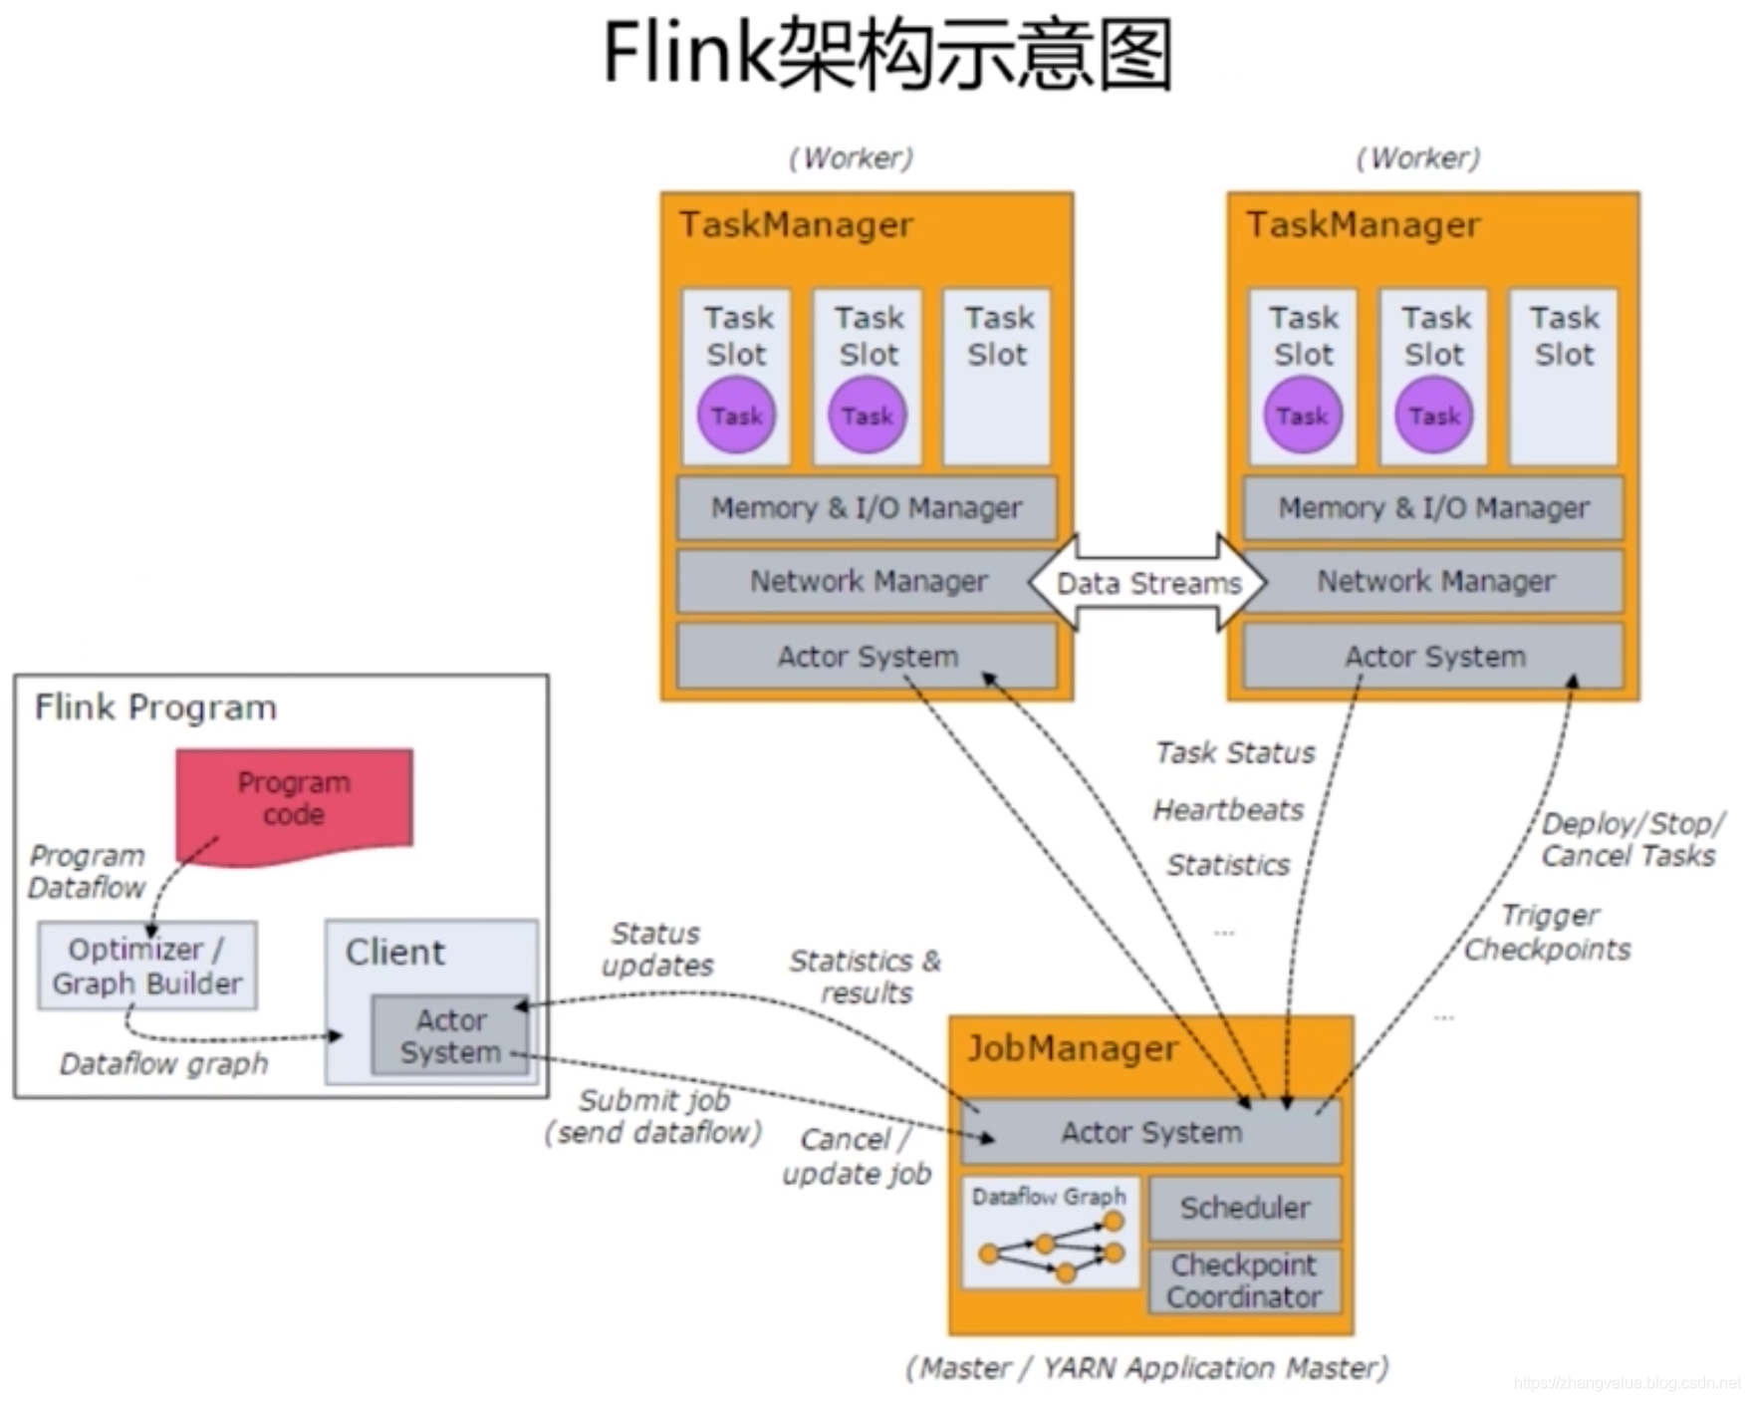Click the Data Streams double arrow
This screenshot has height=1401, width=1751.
click(1147, 582)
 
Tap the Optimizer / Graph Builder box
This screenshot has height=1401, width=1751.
click(147, 966)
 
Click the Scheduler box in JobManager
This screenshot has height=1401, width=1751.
click(1245, 1208)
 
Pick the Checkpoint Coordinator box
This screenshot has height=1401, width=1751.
click(1245, 1280)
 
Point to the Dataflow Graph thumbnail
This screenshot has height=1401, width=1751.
click(1051, 1234)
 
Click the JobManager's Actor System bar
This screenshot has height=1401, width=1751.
click(1150, 1132)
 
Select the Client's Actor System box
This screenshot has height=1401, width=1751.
click(451, 1035)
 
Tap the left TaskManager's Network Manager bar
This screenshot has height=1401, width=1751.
click(867, 581)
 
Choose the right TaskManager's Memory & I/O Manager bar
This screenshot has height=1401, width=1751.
click(1433, 508)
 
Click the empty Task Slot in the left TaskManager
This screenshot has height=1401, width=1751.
click(997, 377)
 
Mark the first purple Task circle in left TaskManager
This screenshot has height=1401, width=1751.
click(736, 416)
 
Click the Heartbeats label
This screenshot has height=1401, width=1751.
click(1228, 810)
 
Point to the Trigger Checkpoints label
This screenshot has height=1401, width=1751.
click(1548, 932)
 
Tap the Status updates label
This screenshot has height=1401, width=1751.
click(657, 950)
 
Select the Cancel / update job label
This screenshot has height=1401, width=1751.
click(857, 1156)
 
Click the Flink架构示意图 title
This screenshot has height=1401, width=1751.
click(888, 54)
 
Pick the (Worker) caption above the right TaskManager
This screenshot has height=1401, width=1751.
click(1418, 157)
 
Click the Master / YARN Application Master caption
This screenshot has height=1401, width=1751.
click(1147, 1368)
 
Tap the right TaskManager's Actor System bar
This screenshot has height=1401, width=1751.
click(1433, 656)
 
